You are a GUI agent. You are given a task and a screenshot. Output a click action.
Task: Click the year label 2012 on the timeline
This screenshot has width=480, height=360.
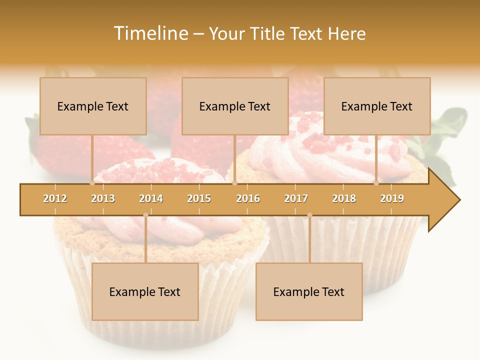55,198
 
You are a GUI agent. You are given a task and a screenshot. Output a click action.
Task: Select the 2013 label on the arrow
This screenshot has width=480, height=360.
103,198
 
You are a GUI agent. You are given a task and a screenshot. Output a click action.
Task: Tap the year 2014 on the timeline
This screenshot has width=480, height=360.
151,198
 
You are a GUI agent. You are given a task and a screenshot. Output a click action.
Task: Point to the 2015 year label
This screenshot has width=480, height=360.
199,198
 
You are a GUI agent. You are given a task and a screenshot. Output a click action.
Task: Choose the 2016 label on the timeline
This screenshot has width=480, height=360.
248,198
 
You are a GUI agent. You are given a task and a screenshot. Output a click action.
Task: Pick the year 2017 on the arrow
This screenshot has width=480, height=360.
296,198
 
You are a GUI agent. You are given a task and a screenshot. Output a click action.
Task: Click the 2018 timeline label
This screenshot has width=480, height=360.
344,198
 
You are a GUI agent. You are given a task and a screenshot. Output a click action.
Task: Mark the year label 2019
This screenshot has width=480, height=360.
392,198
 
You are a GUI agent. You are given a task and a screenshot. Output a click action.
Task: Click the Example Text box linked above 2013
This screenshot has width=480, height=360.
93,106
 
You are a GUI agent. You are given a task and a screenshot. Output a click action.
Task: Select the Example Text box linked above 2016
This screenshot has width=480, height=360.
235,106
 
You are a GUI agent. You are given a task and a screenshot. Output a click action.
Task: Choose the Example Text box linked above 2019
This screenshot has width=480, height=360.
377,106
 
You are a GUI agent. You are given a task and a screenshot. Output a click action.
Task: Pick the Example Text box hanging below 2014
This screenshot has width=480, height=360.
145,291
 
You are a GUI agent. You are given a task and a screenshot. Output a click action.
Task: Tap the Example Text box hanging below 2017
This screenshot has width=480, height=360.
309,291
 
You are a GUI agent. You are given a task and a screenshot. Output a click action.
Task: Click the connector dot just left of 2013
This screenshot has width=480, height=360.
92,183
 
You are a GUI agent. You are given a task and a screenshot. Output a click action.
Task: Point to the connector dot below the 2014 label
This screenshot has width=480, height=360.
145,215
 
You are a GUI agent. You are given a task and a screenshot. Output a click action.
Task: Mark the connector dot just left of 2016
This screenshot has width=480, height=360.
234,183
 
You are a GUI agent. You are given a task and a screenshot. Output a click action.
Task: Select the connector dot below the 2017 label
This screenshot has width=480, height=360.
309,215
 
